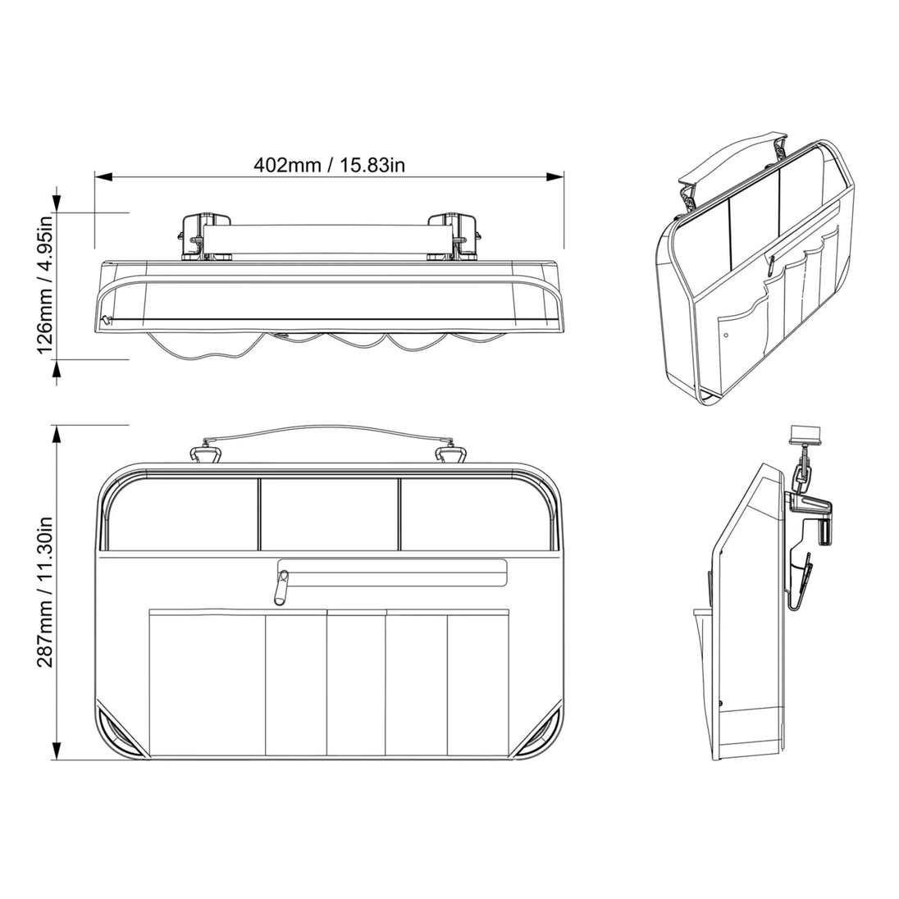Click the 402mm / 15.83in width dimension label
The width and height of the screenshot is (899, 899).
[x=329, y=165]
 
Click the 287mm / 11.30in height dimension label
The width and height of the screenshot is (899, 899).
[x=46, y=592]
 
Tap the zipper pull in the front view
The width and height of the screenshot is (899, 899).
[x=281, y=586]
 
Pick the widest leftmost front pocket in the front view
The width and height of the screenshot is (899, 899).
[x=207, y=682]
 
